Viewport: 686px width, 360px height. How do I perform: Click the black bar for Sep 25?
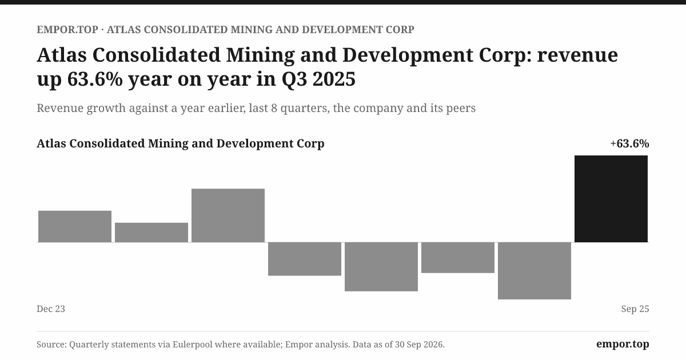tap(611, 199)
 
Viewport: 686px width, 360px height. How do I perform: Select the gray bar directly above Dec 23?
tap(75, 226)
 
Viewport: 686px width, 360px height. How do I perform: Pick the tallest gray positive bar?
tap(228, 215)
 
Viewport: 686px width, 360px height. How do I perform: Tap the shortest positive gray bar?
tap(151, 233)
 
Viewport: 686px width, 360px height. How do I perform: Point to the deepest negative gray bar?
tap(535, 271)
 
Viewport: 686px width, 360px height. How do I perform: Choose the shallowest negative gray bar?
tap(458, 258)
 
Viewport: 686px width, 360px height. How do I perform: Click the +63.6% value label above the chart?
tap(629, 143)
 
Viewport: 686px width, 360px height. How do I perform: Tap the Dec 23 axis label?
tap(51, 309)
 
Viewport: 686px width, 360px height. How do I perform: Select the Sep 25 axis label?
tap(635, 309)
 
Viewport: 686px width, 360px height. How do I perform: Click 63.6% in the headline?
tap(95, 79)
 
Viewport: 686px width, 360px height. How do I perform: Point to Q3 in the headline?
tap(294, 79)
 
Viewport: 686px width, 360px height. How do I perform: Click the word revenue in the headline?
tap(577, 55)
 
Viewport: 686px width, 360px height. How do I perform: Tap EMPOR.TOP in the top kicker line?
tap(67, 30)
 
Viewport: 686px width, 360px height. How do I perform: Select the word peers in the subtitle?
tap(461, 109)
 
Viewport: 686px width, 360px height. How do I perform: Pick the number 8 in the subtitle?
tap(274, 108)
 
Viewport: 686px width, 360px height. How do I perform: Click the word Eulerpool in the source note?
tap(192, 345)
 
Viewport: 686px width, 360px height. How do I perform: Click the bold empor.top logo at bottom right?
tap(623, 344)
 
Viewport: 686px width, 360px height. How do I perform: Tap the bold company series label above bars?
tap(181, 143)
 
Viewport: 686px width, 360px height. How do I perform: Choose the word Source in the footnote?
tap(50, 345)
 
